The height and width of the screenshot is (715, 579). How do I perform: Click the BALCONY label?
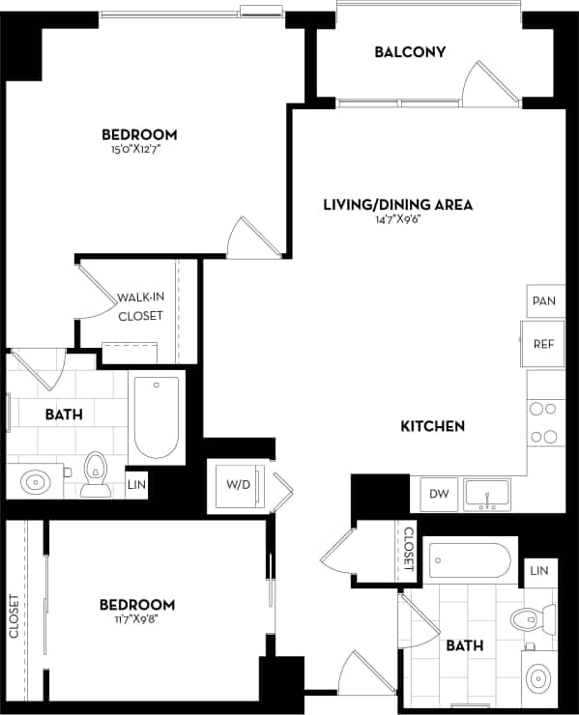pyautogui.click(x=410, y=51)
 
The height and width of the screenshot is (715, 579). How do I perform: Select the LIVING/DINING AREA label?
pyautogui.click(x=397, y=204)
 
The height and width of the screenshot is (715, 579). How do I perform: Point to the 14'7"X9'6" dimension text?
pyautogui.click(x=397, y=219)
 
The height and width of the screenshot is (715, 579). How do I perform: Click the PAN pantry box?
pyautogui.click(x=543, y=301)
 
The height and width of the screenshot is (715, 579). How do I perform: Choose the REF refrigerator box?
pyautogui.click(x=543, y=343)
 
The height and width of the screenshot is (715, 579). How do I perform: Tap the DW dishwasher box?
pyautogui.click(x=440, y=494)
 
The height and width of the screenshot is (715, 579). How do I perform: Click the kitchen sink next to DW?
pyautogui.click(x=489, y=494)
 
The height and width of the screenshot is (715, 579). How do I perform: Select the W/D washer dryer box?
pyautogui.click(x=238, y=483)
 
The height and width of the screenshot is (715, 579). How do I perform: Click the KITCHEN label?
pyautogui.click(x=434, y=425)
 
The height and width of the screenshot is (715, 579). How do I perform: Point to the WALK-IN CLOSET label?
pyautogui.click(x=140, y=307)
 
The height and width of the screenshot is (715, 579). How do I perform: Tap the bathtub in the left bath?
pyautogui.click(x=157, y=418)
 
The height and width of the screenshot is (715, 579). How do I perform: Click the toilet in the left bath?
pyautogui.click(x=96, y=474)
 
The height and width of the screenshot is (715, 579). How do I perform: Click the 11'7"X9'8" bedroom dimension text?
pyautogui.click(x=137, y=620)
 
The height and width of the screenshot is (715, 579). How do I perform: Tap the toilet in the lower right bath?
pyautogui.click(x=535, y=617)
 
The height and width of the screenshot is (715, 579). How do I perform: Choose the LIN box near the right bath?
pyautogui.click(x=538, y=571)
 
